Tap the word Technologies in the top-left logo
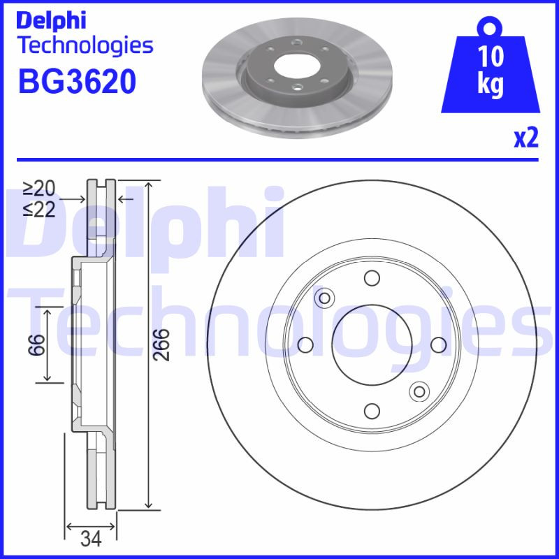coord(85,45)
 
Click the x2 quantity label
coord(525,138)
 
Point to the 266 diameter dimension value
coord(161,344)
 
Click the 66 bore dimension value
coord(38,344)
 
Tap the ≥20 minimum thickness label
coord(38,189)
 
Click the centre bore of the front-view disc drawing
coord(372,344)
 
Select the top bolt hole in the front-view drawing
coord(372,279)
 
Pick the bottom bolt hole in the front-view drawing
coord(372,411)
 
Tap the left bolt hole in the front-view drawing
coord(305,344)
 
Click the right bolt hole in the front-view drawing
coord(438,344)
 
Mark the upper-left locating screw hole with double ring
coord(324,299)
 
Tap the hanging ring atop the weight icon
coord(491,29)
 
